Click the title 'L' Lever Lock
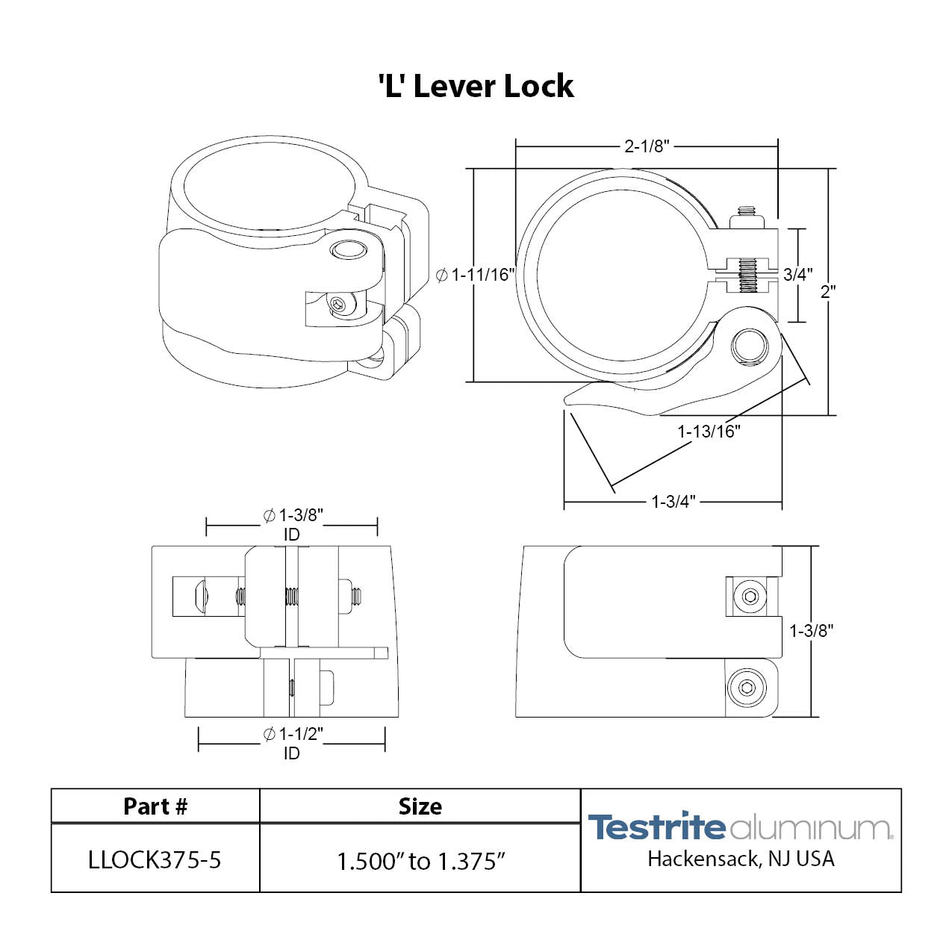click(476, 87)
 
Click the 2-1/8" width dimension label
click(647, 146)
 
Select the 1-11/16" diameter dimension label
click(476, 275)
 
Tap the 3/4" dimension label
click(797, 275)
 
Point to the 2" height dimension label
click(827, 291)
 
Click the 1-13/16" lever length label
click(709, 431)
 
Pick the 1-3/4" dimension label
click(673, 502)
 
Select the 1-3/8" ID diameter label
click(292, 523)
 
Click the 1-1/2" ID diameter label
click(292, 743)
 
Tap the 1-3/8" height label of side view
click(812, 631)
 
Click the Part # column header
click(155, 806)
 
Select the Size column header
click(420, 806)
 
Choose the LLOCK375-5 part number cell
click(155, 860)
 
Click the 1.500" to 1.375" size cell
click(421, 862)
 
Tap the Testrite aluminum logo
click(740, 827)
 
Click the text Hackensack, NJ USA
click(741, 859)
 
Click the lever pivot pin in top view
click(747, 346)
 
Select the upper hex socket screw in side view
click(750, 597)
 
